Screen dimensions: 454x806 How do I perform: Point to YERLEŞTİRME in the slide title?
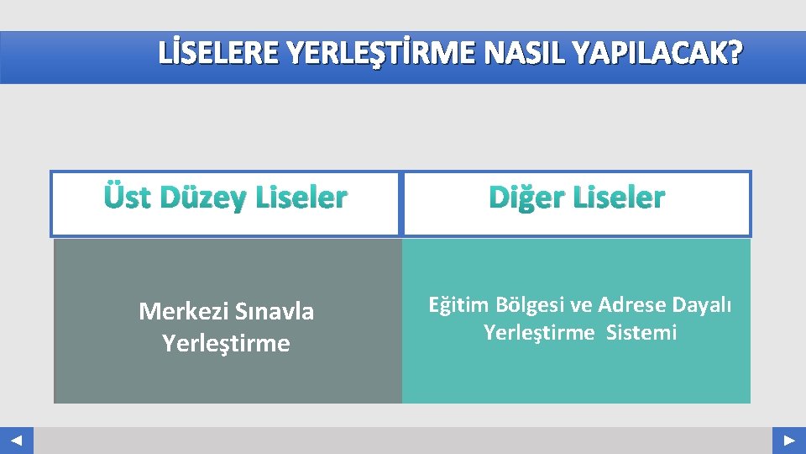(369, 55)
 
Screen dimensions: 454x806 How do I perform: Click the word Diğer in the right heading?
(526, 198)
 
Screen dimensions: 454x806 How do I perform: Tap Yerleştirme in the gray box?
(226, 343)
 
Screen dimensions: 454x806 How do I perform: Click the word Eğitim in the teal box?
(458, 304)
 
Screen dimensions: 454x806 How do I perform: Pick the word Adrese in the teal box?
(631, 304)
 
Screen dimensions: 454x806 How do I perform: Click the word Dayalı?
(702, 304)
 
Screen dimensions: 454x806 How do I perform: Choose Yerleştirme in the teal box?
(538, 333)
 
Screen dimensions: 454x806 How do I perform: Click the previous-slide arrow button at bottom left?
(16, 441)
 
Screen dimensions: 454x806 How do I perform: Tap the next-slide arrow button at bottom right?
(789, 441)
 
